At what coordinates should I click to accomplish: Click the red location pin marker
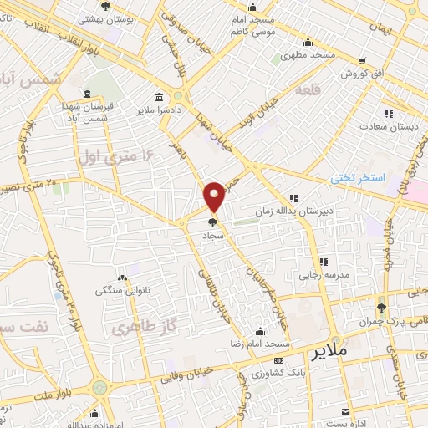pos(215,196)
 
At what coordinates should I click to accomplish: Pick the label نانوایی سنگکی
pos(123,291)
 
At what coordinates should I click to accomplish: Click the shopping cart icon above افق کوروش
pos(361,60)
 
